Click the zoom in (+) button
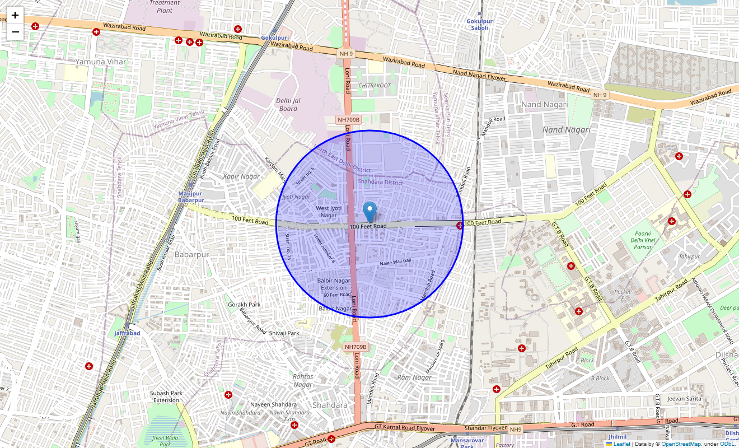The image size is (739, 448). click(x=15, y=15)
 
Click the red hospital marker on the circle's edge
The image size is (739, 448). click(x=460, y=226)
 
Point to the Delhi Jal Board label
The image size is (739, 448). click(x=288, y=105)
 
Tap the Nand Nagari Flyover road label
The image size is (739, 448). click(x=479, y=76)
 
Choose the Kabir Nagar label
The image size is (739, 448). click(x=241, y=176)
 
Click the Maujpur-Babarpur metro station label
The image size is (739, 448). click(x=191, y=197)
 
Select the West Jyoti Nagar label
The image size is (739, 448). click(x=326, y=212)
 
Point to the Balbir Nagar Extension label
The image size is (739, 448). click(x=334, y=284)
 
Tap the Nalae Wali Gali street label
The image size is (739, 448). click(x=395, y=262)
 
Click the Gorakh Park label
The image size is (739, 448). click(x=244, y=305)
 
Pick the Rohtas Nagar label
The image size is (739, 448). click(x=303, y=380)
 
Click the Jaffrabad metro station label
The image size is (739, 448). click(x=127, y=333)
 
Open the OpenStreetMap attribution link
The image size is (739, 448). click(x=680, y=444)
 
